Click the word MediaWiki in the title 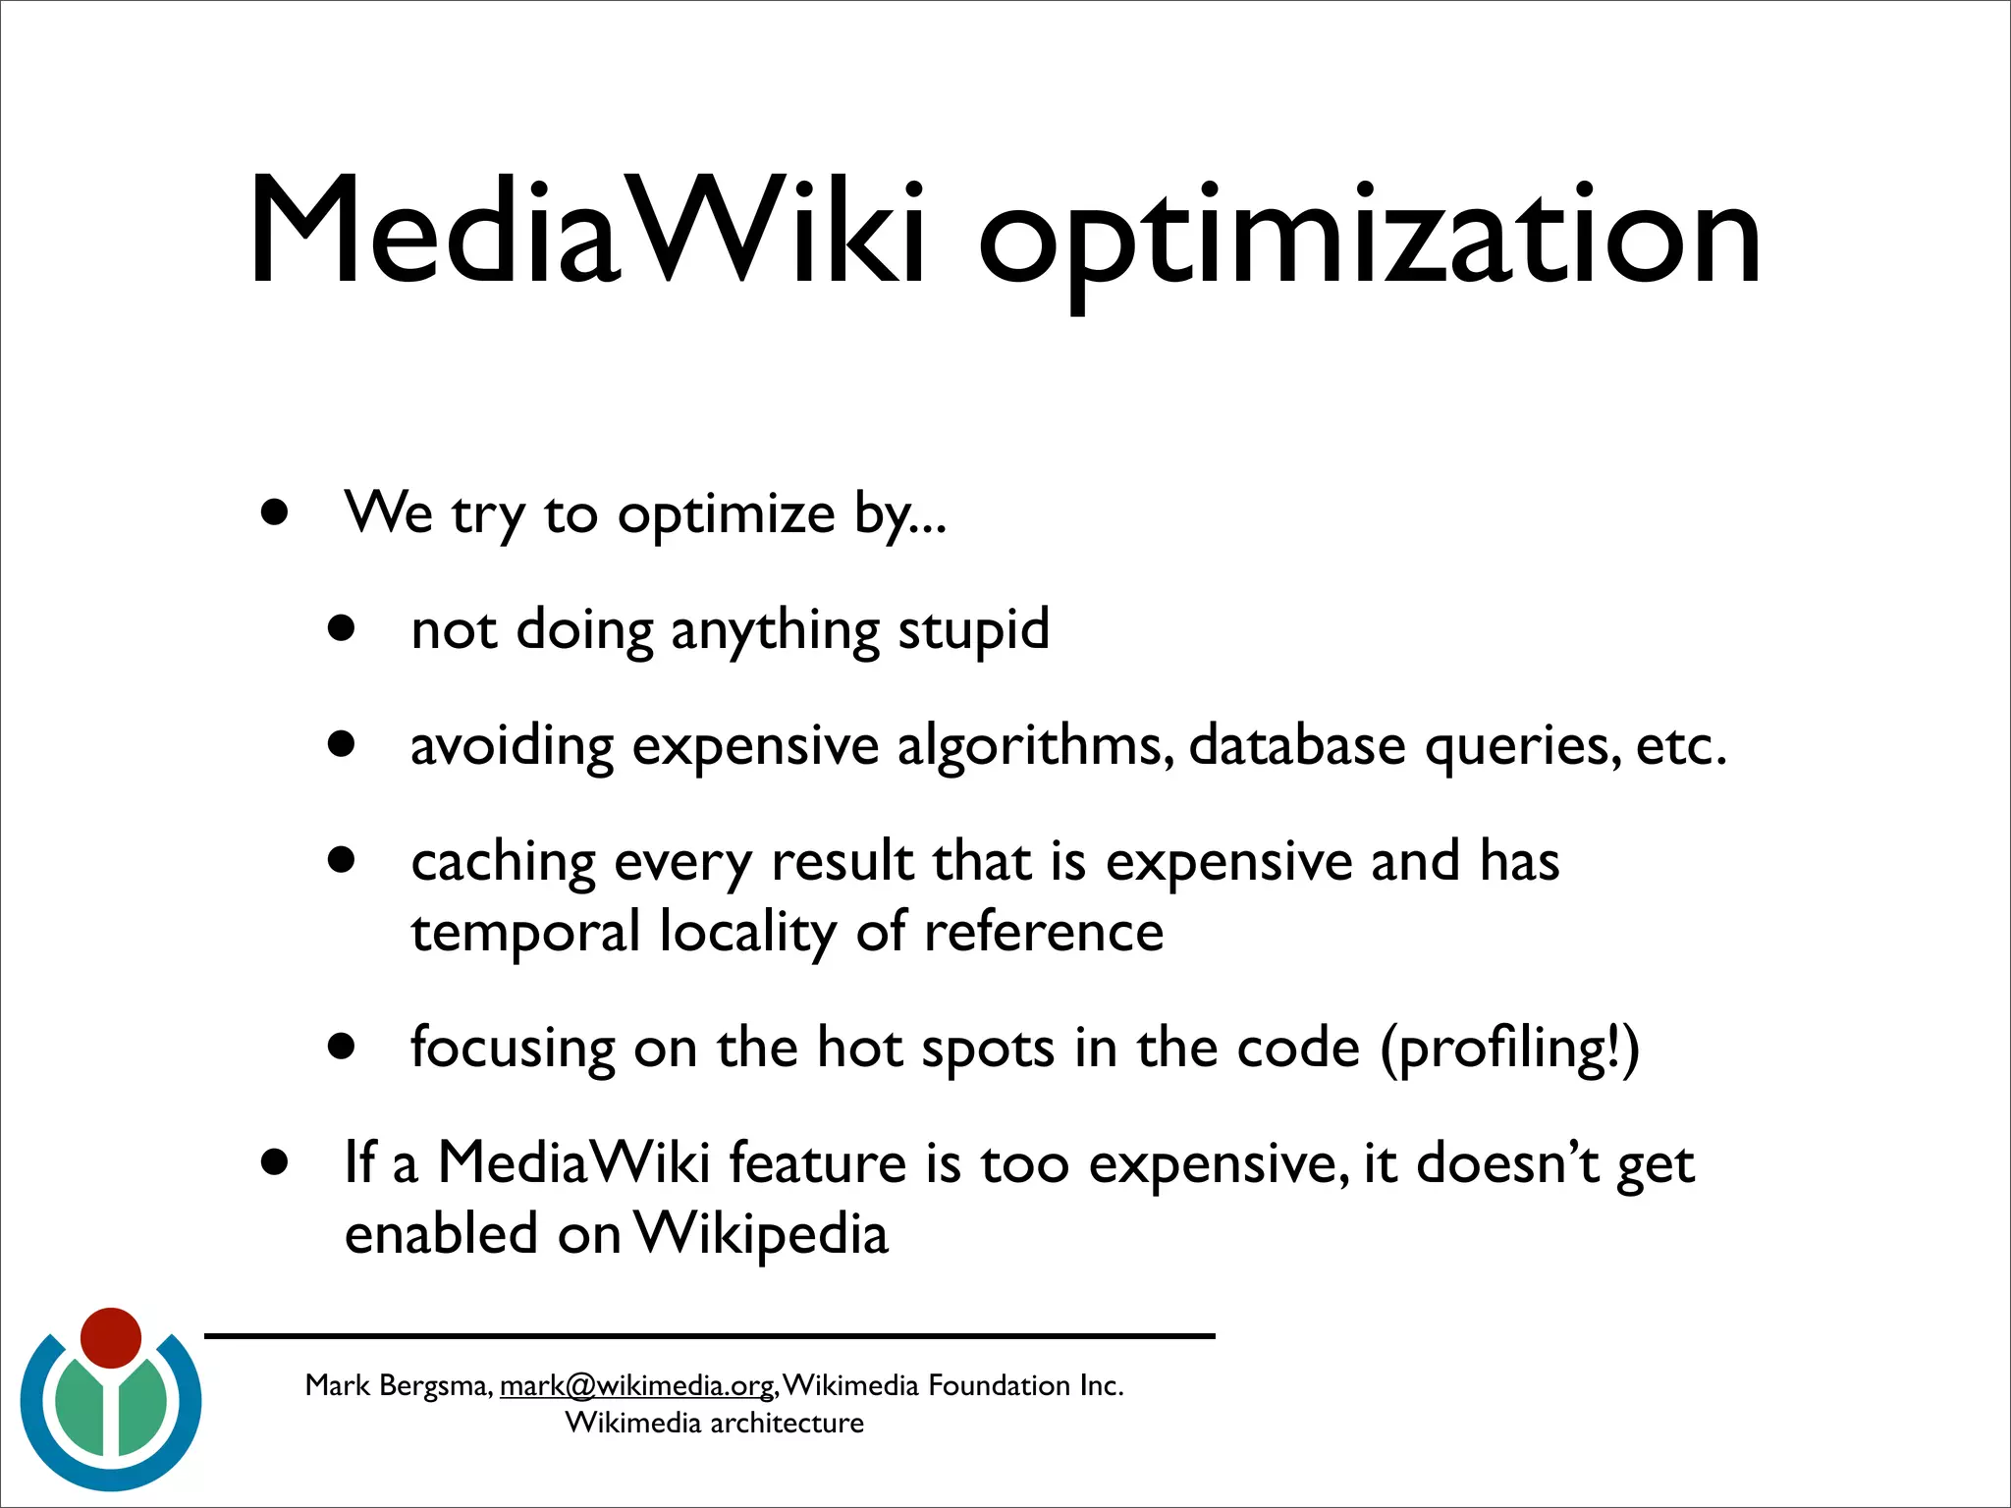click(x=587, y=232)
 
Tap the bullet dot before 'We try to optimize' click(x=275, y=512)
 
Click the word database click(x=1297, y=746)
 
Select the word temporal click(x=525, y=934)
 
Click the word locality click(x=747, y=934)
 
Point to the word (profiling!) click(x=1510, y=1050)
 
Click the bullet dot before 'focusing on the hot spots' click(x=342, y=1047)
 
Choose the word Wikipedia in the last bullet click(x=761, y=1235)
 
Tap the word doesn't click(x=1508, y=1164)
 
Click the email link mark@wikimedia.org click(x=637, y=1385)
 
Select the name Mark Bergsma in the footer click(x=398, y=1385)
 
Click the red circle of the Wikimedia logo click(x=111, y=1337)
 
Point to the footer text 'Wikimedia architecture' click(x=715, y=1423)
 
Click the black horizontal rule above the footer click(x=709, y=1336)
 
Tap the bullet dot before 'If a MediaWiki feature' click(x=275, y=1162)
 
